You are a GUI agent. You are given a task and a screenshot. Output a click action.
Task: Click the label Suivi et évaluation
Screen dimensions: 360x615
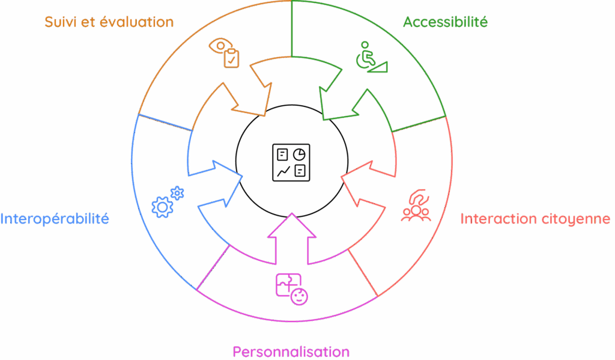tap(109, 23)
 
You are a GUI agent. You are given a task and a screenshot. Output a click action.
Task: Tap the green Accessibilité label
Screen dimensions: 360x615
tap(445, 23)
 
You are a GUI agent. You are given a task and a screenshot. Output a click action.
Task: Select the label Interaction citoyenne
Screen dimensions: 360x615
tap(535, 219)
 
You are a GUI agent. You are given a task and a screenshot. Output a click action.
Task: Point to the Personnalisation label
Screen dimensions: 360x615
tap(291, 351)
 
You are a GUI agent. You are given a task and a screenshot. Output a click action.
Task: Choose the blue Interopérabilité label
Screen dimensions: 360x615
tap(55, 219)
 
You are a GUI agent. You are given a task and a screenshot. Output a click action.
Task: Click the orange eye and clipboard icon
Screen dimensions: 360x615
tap(225, 53)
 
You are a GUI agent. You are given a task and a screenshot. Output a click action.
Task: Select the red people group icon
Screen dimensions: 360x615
tap(416, 206)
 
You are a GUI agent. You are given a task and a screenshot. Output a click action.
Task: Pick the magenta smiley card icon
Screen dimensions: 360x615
tap(292, 288)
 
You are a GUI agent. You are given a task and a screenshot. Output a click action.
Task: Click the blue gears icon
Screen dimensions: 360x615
tap(168, 202)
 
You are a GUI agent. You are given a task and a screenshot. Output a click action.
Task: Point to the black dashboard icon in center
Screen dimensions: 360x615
tap(291, 161)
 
